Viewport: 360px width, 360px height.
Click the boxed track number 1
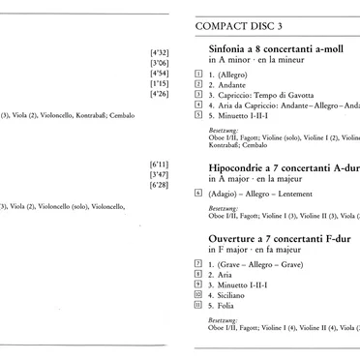tap(198, 73)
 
